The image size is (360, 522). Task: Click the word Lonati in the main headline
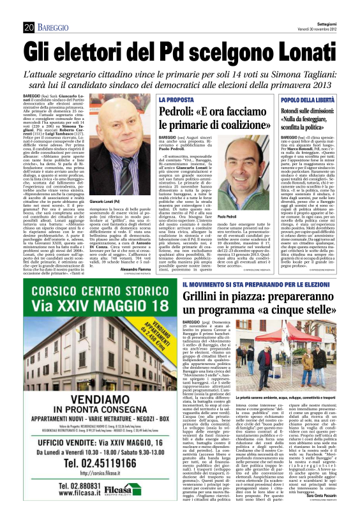click(304, 49)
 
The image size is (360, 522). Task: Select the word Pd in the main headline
click(177, 49)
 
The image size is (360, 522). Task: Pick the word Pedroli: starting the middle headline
click(181, 113)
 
